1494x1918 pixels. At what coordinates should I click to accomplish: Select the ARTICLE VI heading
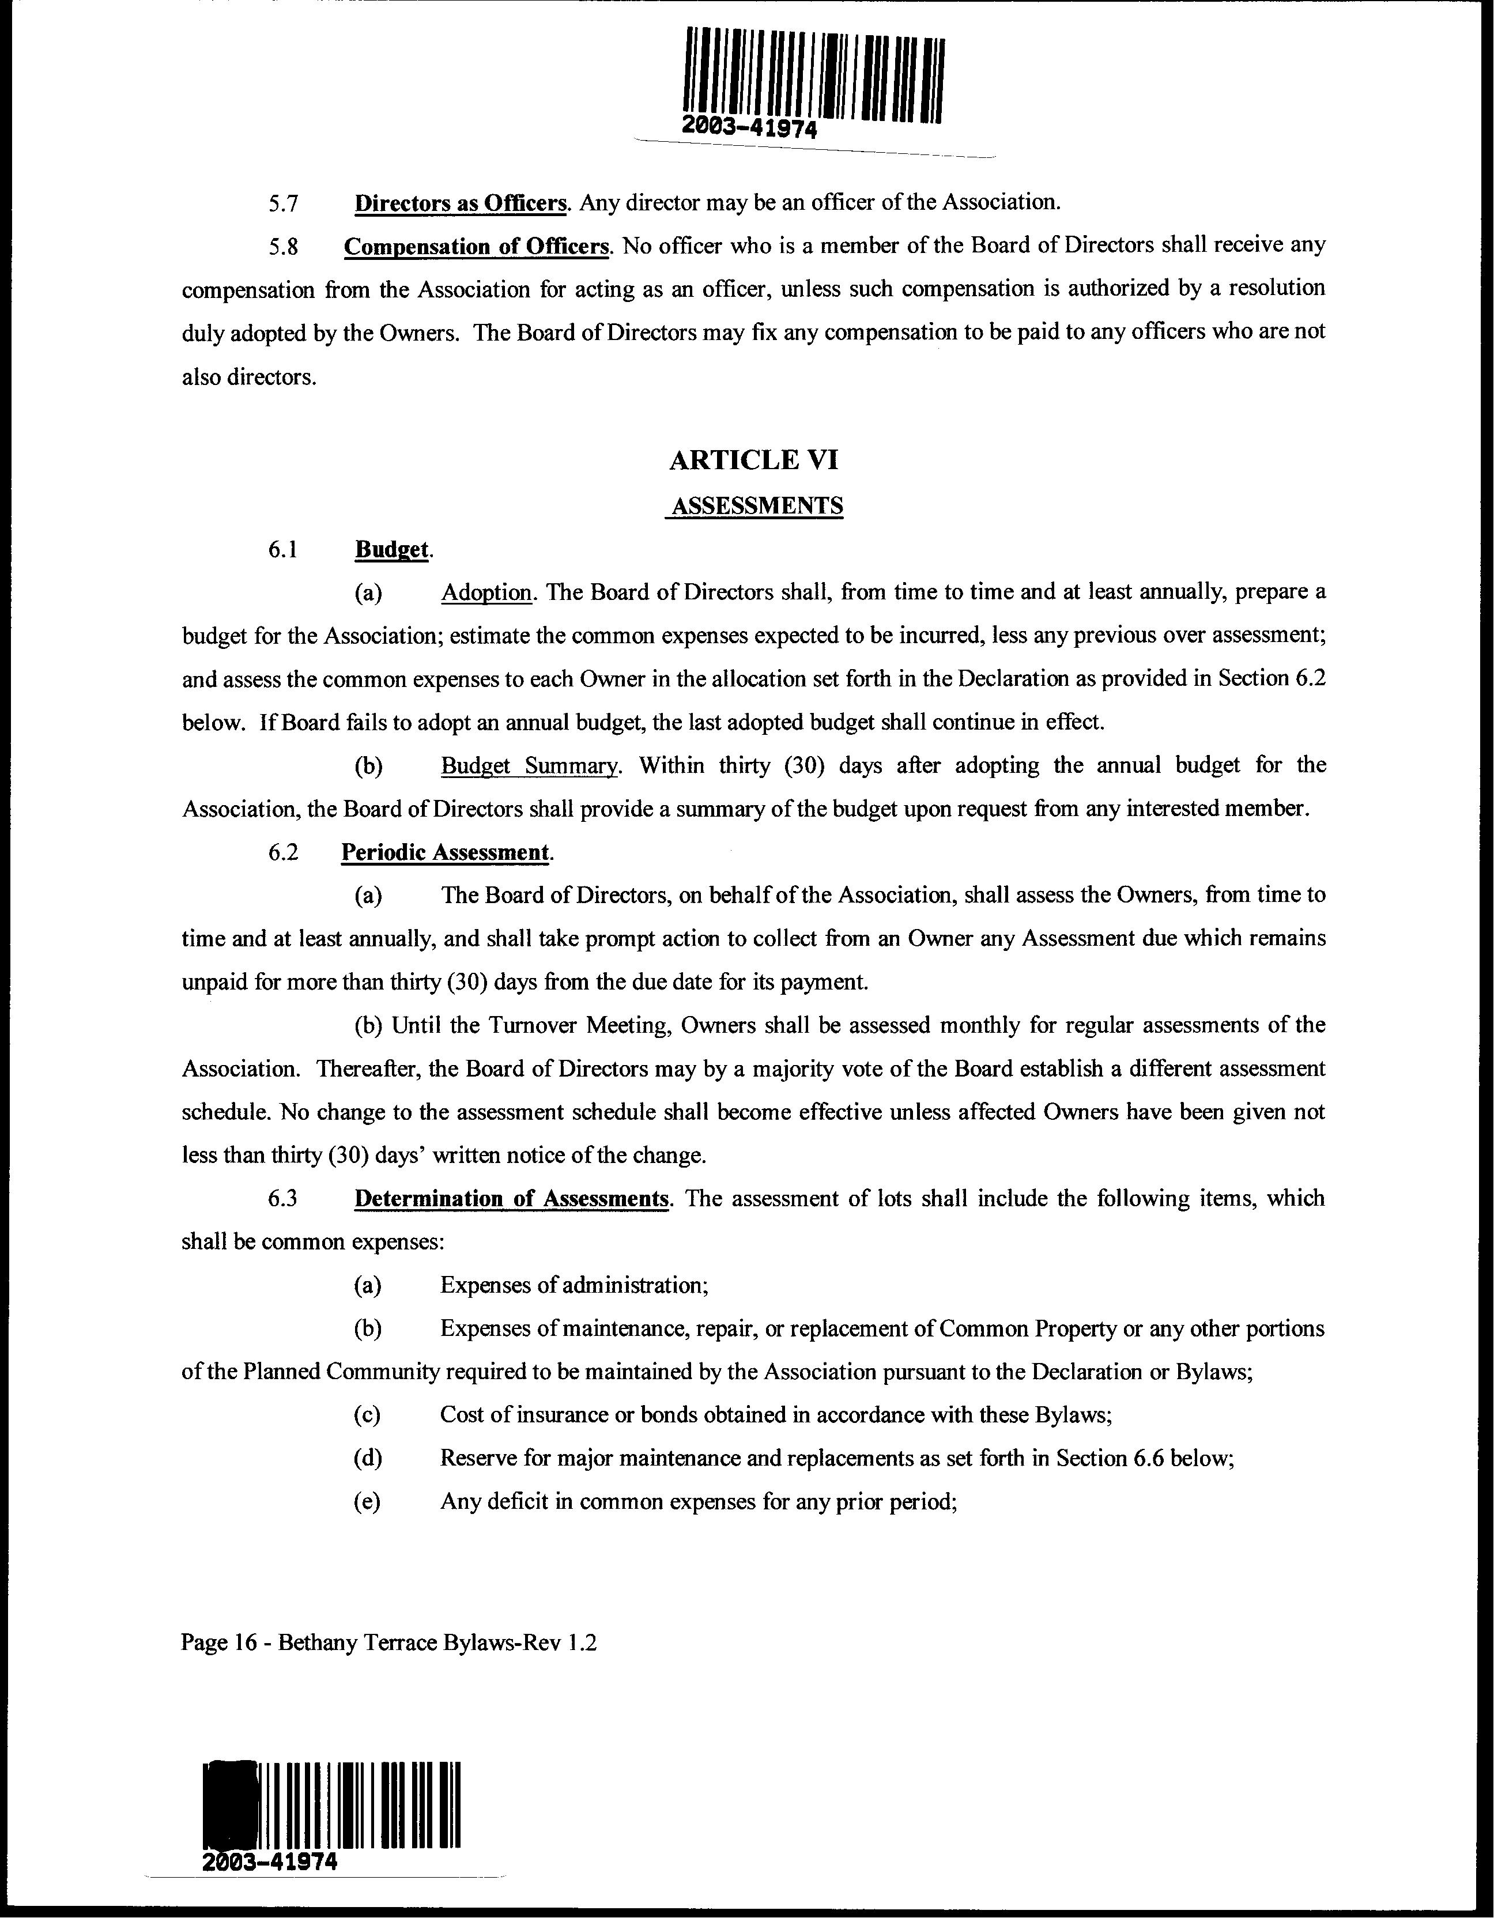pos(753,459)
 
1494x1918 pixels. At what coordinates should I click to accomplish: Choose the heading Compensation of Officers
pos(476,246)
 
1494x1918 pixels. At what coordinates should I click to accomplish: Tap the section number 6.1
pos(284,550)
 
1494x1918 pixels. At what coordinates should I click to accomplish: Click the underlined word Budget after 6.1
pos(392,550)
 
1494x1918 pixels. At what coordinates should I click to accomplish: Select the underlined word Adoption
pos(486,593)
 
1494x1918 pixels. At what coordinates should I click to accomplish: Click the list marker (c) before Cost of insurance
pos(367,1415)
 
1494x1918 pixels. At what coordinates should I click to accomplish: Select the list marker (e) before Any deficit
pos(367,1502)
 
